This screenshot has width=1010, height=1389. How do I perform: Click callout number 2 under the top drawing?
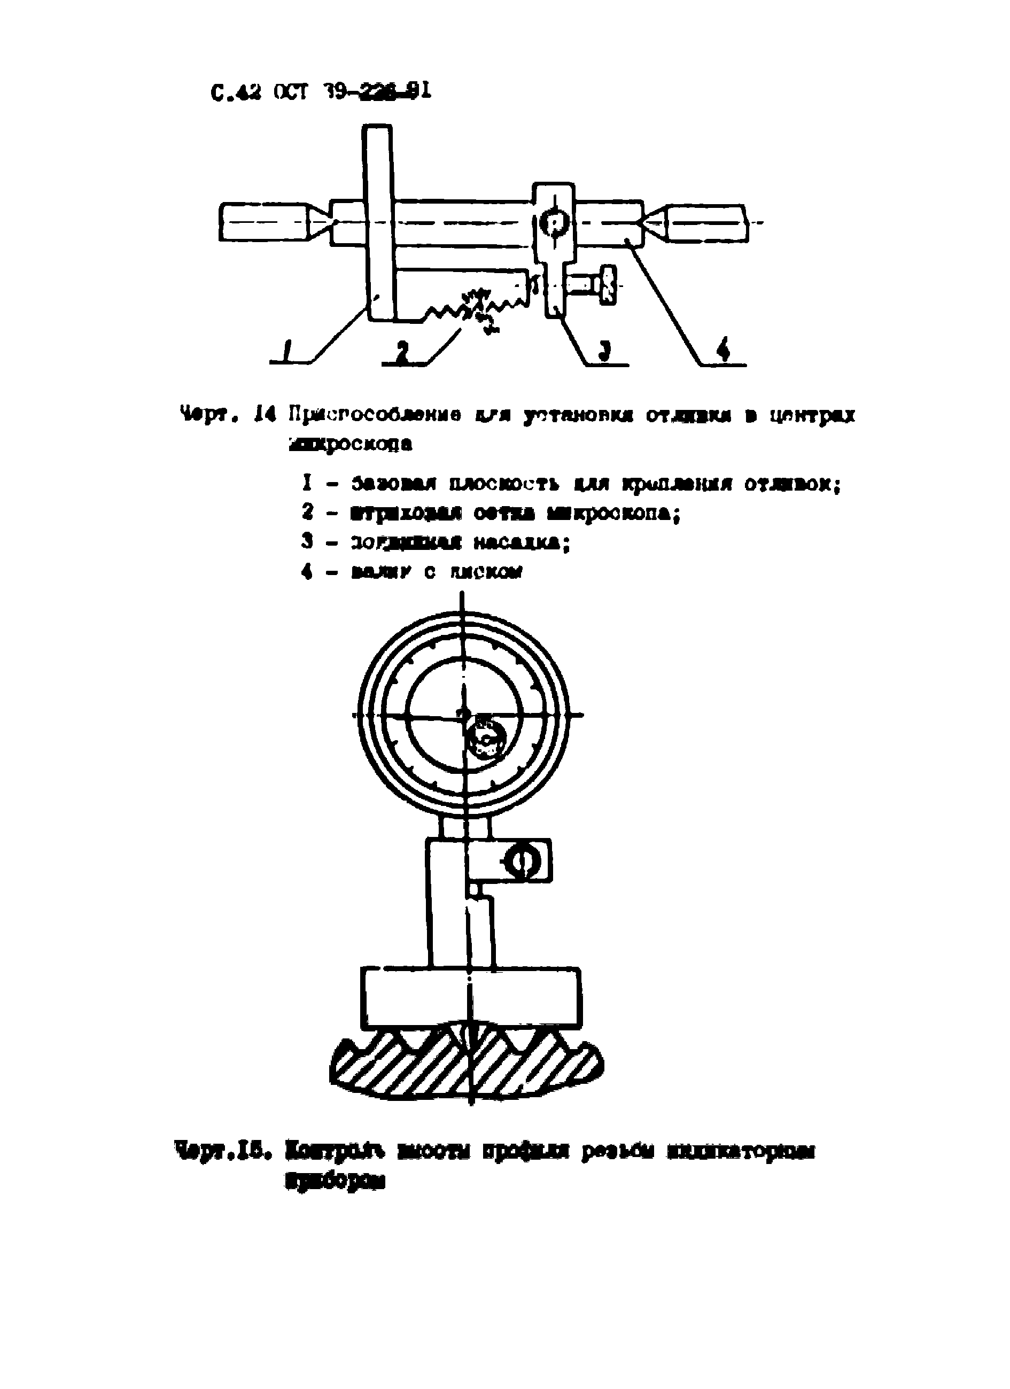(402, 352)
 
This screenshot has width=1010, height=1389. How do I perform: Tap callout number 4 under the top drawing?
(724, 351)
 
